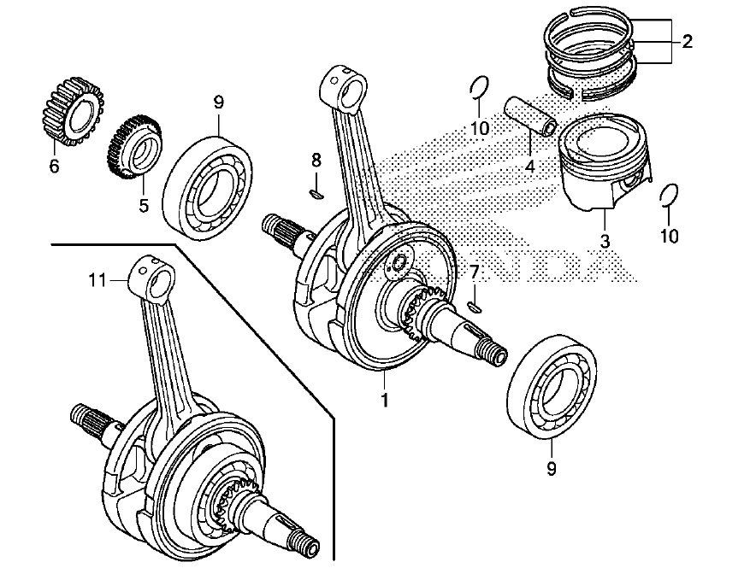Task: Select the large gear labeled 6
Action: tap(74, 111)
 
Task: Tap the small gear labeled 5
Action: tap(134, 147)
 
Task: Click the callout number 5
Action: tap(143, 205)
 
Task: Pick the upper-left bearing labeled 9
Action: tap(209, 188)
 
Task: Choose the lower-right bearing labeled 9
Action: tap(552, 385)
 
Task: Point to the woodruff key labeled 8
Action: tap(316, 194)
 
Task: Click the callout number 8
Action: tap(316, 160)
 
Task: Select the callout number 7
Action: tap(475, 272)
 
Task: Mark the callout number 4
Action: tap(530, 167)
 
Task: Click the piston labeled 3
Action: tap(605, 161)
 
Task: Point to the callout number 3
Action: tap(605, 241)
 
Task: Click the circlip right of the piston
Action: tap(669, 195)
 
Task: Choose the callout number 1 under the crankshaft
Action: tap(384, 400)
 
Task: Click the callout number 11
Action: tap(97, 280)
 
